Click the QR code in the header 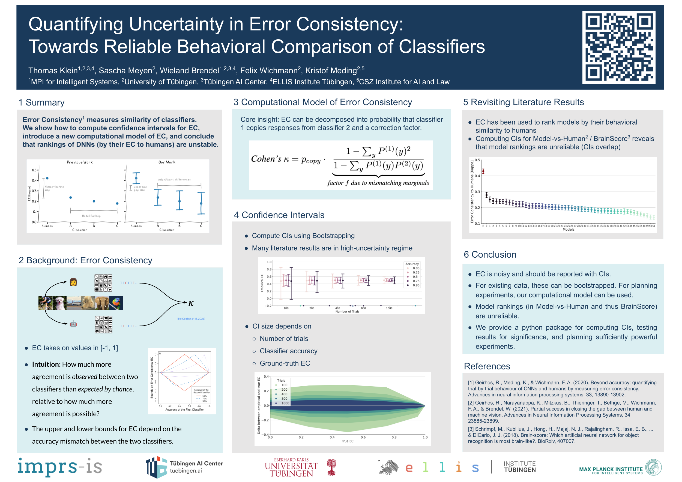pos(618,47)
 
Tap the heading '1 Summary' pos(41,103)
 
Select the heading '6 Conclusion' pos(490,254)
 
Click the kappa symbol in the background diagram pos(191,303)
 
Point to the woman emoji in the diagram pos(73,282)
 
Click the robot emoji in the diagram pos(73,324)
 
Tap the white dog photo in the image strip pos(60,303)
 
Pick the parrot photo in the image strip pos(116,303)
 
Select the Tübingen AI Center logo pos(184,467)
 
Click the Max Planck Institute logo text pos(611,469)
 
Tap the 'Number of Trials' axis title pos(347,312)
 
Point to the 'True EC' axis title pos(348,441)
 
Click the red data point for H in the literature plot pos(483,171)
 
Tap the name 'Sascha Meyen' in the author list pos(125,71)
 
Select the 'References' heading pos(487,366)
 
